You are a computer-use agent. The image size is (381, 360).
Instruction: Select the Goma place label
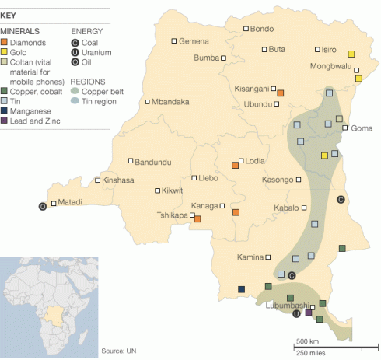click(362, 128)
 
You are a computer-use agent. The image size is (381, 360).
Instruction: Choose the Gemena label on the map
click(194, 40)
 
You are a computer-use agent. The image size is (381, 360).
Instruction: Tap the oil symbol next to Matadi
click(43, 206)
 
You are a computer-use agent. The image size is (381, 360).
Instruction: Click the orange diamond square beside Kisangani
click(281, 93)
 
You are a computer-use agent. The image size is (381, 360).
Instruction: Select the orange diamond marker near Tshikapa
click(197, 219)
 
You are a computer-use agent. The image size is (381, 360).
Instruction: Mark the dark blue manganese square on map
click(241, 290)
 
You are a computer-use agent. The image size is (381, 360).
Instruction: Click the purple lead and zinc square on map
click(309, 313)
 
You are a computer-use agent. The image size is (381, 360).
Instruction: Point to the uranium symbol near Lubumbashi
click(296, 314)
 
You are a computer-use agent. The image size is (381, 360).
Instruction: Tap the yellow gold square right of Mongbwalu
click(351, 54)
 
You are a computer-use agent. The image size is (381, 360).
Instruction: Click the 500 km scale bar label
click(308, 342)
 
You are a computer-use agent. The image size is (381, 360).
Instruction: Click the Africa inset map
click(47, 303)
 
